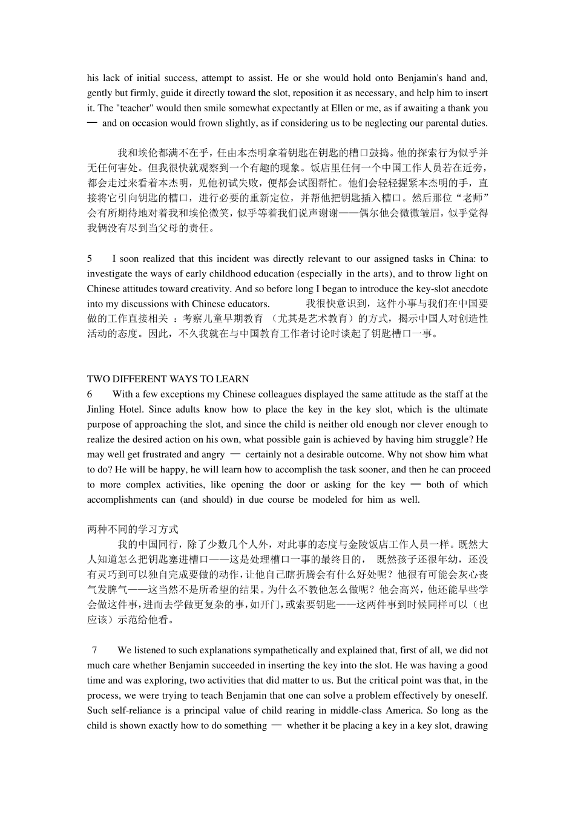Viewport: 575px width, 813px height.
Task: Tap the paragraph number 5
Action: (x=90, y=259)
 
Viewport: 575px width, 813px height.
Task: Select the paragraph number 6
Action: (x=90, y=394)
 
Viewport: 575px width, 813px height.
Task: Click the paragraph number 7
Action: (x=94, y=650)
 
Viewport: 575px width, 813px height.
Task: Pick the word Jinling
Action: (x=101, y=410)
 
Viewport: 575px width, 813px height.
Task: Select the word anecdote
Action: (x=468, y=289)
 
